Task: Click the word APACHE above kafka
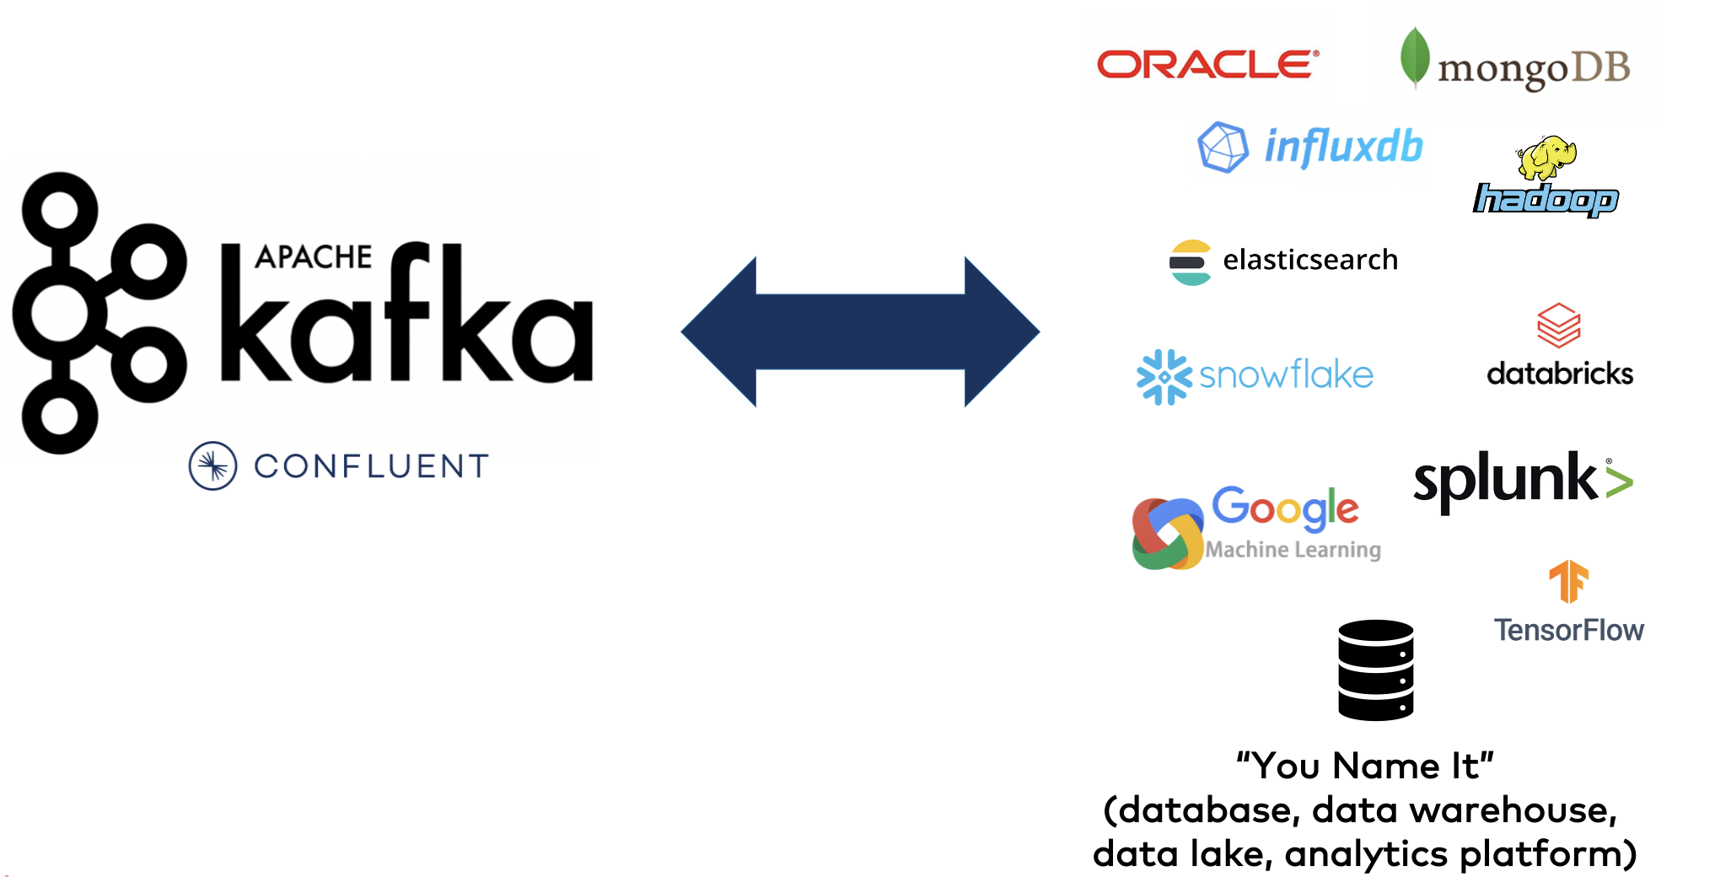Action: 313,256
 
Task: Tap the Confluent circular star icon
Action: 212,465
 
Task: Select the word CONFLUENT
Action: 372,466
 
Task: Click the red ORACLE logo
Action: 1207,64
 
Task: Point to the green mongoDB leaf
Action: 1414,57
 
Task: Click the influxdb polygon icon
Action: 1223,147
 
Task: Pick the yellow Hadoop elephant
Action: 1546,157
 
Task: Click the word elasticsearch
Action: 1310,260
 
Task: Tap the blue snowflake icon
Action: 1164,377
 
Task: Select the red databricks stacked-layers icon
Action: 1558,326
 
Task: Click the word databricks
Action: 1560,374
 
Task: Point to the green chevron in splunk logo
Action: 1619,482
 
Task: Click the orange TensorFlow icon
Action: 1568,581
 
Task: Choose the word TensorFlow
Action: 1568,630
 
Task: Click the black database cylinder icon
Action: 1375,670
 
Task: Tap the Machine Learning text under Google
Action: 1293,550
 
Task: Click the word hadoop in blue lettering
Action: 1546,200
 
